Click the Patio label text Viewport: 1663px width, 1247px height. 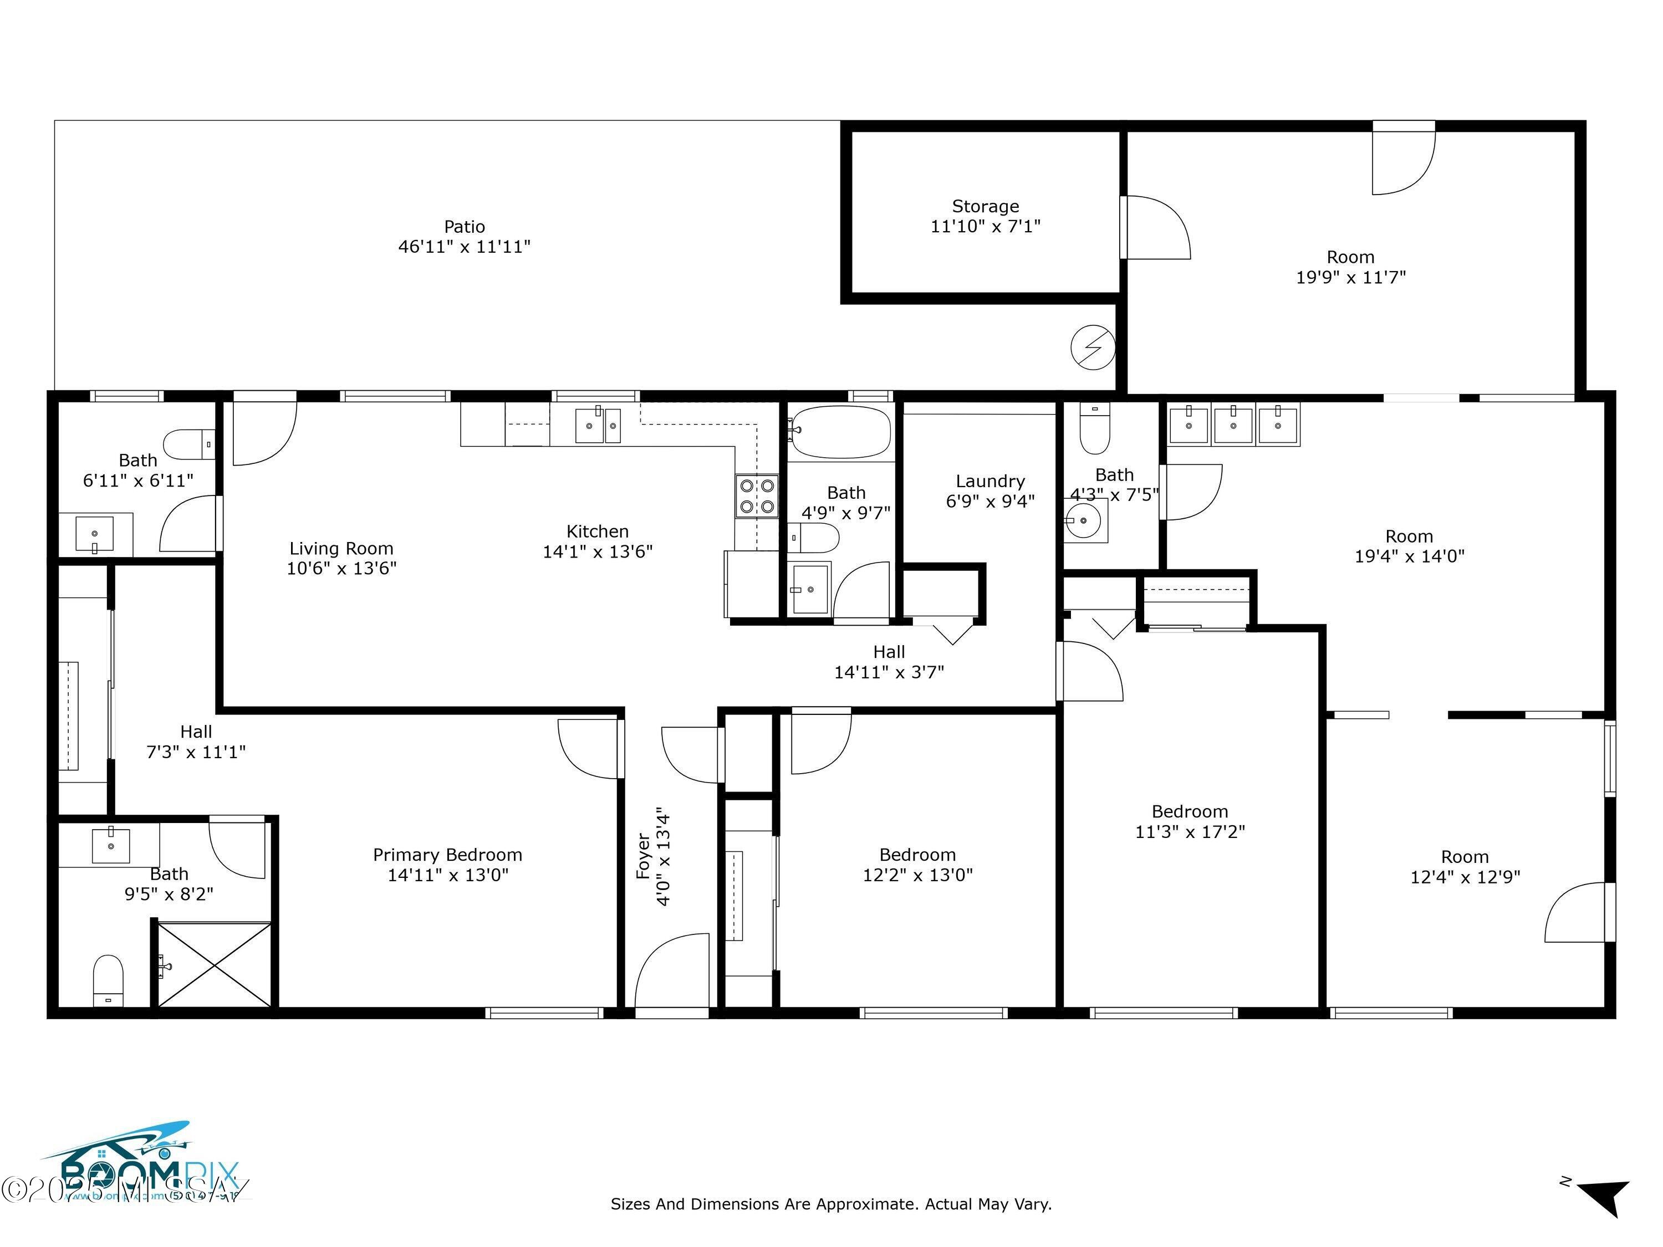pos(464,226)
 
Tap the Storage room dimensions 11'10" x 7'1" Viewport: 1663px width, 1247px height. pos(985,226)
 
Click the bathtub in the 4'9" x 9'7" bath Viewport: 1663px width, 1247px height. pos(840,432)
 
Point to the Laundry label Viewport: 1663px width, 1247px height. pos(990,481)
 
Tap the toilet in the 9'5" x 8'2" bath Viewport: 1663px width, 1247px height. pos(108,979)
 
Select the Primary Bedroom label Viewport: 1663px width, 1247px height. pos(447,855)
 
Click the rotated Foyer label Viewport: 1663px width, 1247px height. pos(644,855)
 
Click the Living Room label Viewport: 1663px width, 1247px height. pos(341,549)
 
